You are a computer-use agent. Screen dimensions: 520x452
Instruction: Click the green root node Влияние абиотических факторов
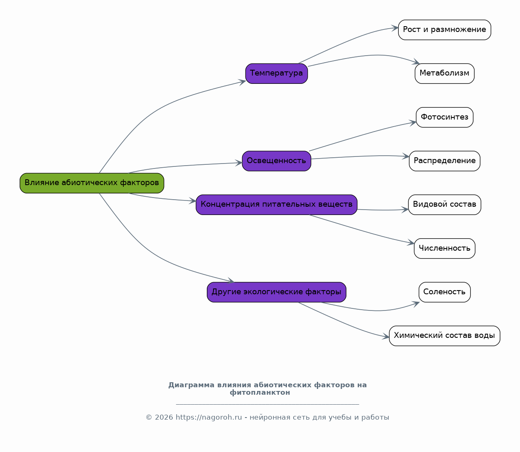point(92,183)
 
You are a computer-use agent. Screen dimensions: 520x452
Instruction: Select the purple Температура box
point(277,73)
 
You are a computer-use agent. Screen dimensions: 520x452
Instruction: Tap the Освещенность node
point(277,161)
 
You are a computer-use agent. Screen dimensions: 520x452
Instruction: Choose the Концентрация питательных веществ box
point(277,205)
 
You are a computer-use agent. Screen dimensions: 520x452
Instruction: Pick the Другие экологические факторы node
point(277,292)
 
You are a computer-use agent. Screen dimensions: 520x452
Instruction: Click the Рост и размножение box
point(444,30)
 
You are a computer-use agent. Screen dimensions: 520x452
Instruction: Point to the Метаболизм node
point(444,73)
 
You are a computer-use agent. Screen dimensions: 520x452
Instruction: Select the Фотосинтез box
point(444,117)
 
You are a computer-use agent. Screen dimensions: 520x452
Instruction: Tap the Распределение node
point(444,161)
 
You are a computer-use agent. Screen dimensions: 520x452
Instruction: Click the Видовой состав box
point(444,205)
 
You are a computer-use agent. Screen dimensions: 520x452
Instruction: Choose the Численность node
point(444,248)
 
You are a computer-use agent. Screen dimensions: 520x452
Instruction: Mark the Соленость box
point(444,292)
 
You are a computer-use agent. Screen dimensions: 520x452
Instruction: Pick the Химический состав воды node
point(444,336)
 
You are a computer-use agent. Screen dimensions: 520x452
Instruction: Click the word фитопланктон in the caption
point(260,393)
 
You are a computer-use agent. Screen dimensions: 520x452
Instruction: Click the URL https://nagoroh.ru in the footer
point(208,418)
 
